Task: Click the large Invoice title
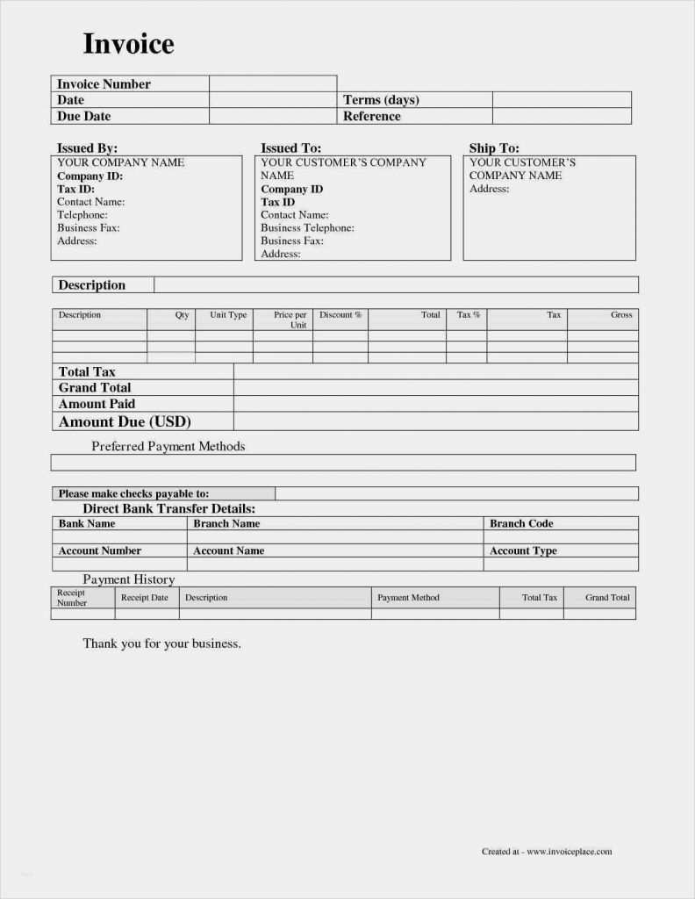(128, 44)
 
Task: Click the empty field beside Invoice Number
(273, 84)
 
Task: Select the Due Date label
(83, 116)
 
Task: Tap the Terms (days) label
(381, 100)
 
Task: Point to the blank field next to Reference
(562, 116)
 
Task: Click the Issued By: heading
(87, 148)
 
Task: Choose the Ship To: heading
(494, 148)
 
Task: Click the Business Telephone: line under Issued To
(307, 227)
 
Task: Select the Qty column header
(182, 315)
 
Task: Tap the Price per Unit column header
(290, 320)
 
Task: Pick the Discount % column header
(340, 315)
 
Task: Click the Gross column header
(621, 315)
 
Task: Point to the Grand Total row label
(95, 387)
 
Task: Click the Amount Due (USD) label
(125, 421)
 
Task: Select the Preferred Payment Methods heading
(168, 446)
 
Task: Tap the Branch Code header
(521, 523)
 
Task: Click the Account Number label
(99, 550)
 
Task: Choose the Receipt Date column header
(145, 598)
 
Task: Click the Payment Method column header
(408, 598)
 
